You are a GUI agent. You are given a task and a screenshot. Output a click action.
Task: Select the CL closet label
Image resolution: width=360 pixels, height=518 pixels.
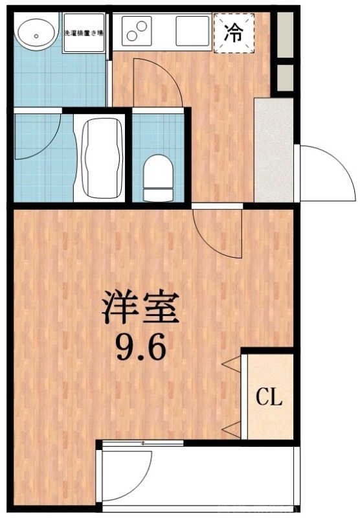[269, 397]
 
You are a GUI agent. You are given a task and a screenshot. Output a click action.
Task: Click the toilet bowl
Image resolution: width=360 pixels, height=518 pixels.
[158, 175]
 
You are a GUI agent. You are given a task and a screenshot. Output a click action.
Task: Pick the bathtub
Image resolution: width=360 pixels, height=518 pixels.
[102, 157]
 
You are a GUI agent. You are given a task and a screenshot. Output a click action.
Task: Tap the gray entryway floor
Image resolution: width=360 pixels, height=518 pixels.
[273, 149]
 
